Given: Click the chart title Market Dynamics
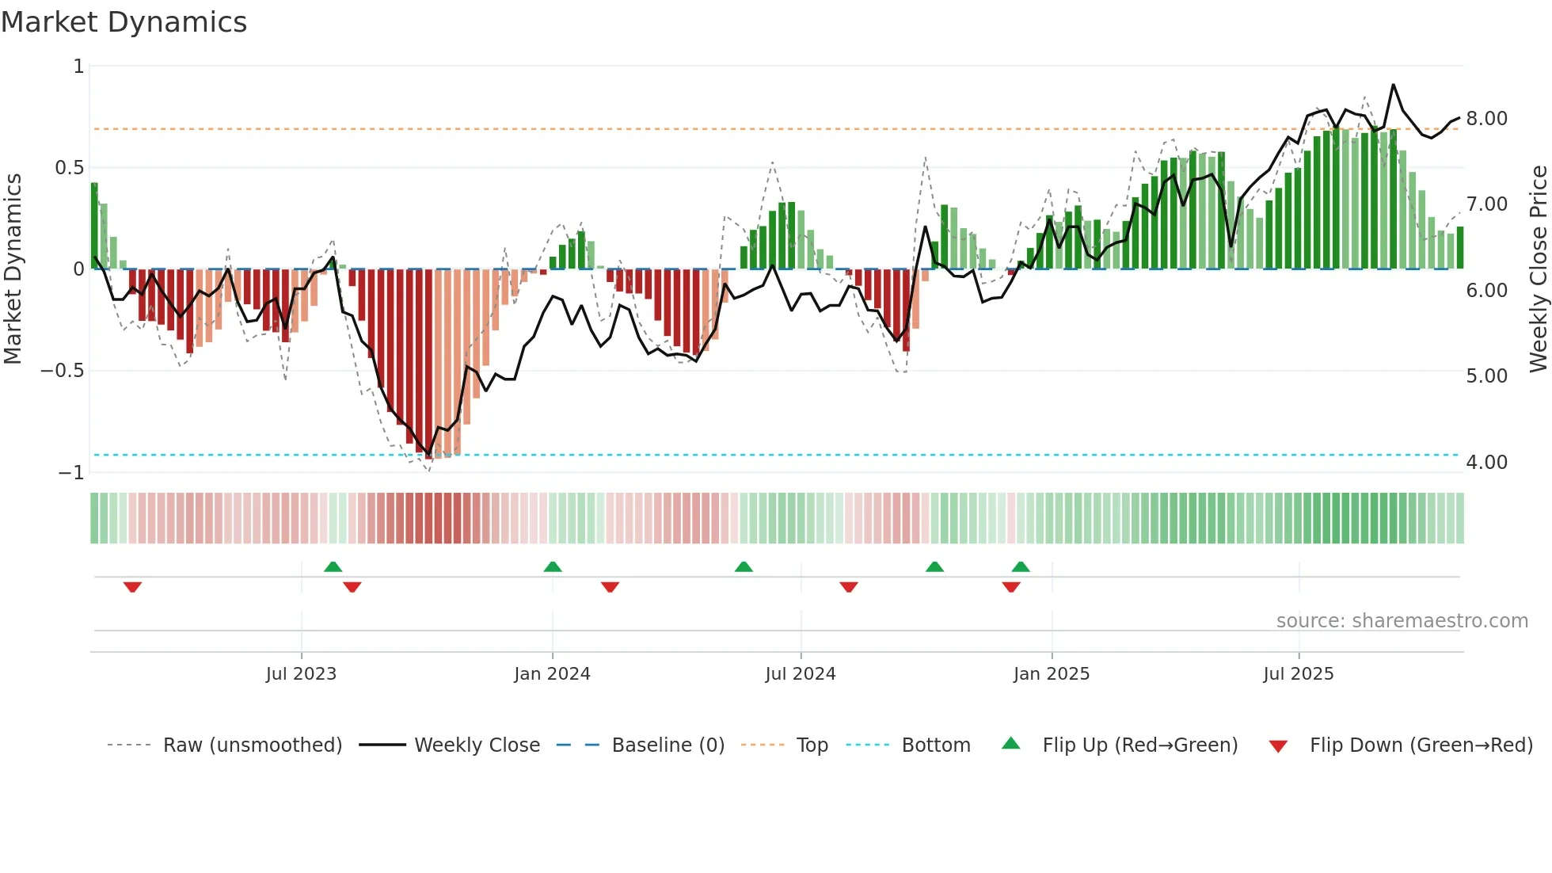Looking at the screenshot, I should pos(124,22).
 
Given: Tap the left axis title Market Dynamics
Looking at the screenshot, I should pos(13,269).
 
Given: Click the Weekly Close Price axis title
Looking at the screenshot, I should pos(1538,269).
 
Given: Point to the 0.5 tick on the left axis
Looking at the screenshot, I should pos(69,168).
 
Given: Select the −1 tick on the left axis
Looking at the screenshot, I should pos(71,473).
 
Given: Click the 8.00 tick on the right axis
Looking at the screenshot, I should pos(1486,119).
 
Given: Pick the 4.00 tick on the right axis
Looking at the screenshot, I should pos(1486,463).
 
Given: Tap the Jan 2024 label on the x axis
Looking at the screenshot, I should pos(552,674).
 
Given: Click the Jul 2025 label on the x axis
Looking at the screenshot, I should pos(1298,674).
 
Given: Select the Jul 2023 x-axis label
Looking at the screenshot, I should pos(301,674).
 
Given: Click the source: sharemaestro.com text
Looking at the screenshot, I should pos(1402,621).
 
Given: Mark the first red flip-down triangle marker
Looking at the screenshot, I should pos(132,587).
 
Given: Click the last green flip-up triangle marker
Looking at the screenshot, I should pos(1021,567).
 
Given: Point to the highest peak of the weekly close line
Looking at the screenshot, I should pos(1393,85).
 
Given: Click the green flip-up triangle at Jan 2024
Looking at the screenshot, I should pos(553,567).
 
